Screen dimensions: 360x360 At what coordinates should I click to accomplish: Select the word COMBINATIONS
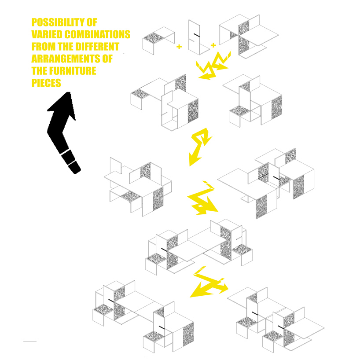coord(97,34)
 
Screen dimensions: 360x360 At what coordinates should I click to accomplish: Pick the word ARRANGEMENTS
coord(66,59)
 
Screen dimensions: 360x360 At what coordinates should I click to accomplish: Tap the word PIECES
coord(46,83)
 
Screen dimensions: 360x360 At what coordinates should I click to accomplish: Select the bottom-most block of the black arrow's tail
coord(74,167)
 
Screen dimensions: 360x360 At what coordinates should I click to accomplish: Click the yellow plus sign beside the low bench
coord(179,47)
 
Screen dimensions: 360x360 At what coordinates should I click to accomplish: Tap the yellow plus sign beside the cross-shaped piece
coord(213,45)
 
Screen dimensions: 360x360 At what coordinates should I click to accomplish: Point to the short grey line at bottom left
coord(30,341)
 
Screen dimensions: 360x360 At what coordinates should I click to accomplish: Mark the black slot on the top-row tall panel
coord(197,35)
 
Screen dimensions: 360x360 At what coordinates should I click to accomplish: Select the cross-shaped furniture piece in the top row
coord(249,36)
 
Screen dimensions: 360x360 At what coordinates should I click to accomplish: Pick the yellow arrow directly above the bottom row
coord(209,283)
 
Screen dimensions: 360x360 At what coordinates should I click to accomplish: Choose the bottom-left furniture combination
coord(143,316)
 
